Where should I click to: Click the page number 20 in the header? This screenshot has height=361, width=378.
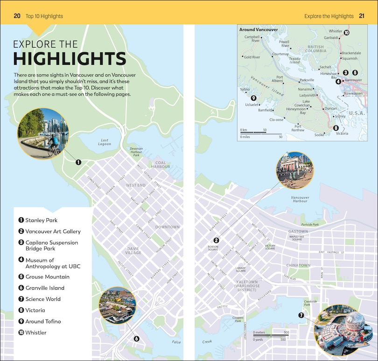click(x=17, y=16)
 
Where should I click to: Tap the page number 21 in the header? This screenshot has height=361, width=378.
click(x=362, y=16)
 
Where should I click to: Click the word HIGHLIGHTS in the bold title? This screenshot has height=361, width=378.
click(x=70, y=59)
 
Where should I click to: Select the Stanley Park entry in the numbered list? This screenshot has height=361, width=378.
click(x=41, y=220)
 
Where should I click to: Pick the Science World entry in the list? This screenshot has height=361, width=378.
click(x=42, y=299)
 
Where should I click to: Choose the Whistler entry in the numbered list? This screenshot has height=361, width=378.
click(x=36, y=333)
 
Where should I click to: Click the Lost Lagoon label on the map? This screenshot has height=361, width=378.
click(x=105, y=142)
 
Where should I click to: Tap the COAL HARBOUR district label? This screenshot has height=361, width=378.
click(x=161, y=165)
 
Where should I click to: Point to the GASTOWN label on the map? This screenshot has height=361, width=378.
click(x=298, y=231)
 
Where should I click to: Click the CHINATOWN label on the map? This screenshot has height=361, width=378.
click(x=298, y=265)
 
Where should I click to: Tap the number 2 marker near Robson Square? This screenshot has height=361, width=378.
click(x=217, y=240)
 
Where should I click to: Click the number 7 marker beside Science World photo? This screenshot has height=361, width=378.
click(x=301, y=315)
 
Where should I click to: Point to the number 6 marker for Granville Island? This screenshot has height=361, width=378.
click(x=137, y=339)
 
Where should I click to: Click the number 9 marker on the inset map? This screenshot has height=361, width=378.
click(x=254, y=98)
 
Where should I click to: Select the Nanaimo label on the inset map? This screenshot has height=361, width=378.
click(x=305, y=89)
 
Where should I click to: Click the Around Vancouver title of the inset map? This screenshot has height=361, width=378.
click(x=258, y=29)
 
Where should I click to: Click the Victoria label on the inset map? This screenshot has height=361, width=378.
click(x=342, y=133)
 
